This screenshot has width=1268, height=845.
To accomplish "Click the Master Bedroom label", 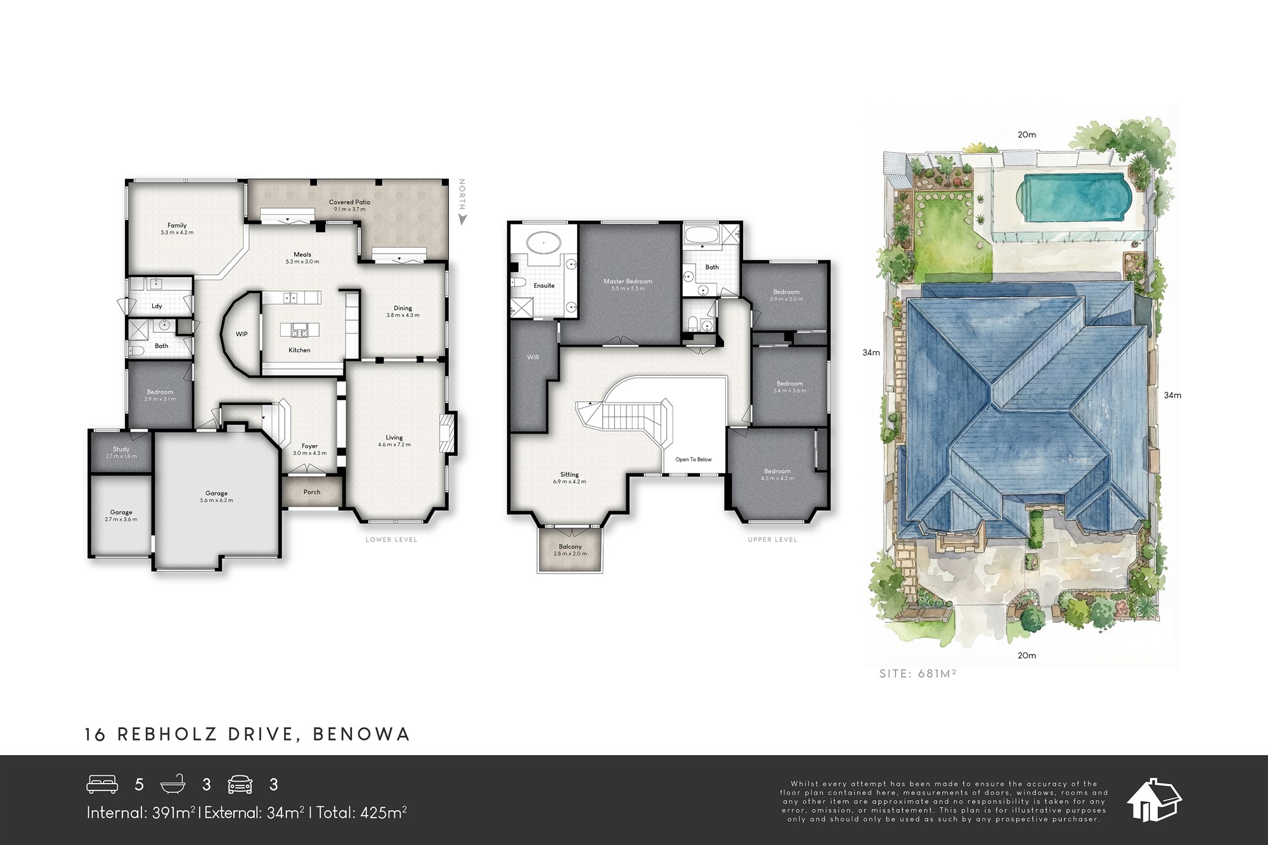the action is pyautogui.click(x=628, y=281).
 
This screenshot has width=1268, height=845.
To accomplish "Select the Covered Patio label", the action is pyautogui.click(x=349, y=202).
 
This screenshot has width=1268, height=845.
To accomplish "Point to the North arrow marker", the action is pyautogui.click(x=463, y=219).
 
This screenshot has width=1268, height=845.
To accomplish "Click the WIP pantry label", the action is pyautogui.click(x=242, y=334).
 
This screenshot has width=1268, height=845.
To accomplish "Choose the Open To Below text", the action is pyautogui.click(x=694, y=460).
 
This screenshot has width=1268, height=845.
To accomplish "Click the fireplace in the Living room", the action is pyautogui.click(x=449, y=433).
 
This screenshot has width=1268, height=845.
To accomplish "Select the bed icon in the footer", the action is pyautogui.click(x=102, y=785).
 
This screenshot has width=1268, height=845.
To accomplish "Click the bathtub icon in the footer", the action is pyautogui.click(x=176, y=785).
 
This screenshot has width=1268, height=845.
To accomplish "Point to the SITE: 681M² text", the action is pyautogui.click(x=917, y=674).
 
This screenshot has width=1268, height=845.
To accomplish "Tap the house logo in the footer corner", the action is pyautogui.click(x=1154, y=800).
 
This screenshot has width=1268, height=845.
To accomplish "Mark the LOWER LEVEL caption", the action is pyautogui.click(x=391, y=539).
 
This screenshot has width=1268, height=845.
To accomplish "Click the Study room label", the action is pyautogui.click(x=121, y=449).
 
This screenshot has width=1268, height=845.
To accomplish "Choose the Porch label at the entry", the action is pyautogui.click(x=312, y=492).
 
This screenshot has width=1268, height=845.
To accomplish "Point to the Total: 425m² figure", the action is pyautogui.click(x=361, y=813).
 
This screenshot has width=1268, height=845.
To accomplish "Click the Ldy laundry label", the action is pyautogui.click(x=157, y=306).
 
